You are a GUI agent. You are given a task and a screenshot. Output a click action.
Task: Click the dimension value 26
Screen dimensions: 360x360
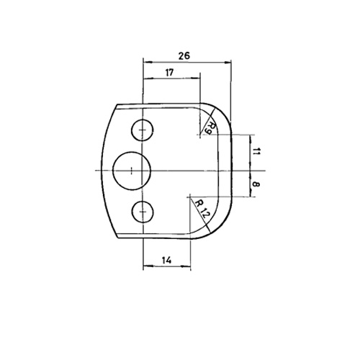184,55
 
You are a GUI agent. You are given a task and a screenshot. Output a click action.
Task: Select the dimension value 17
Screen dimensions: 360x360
169,72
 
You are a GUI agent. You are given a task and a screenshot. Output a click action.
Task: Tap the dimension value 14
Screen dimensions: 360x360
166,260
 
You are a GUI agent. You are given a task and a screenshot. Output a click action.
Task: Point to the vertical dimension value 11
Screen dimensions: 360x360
256,151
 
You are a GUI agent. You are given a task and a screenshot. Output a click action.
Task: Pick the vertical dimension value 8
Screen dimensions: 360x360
256,184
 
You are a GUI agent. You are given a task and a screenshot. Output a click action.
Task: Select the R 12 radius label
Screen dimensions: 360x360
201,208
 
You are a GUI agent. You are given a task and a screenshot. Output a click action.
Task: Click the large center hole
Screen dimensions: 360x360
132,171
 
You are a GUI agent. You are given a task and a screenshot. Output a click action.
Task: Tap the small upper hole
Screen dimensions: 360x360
143,130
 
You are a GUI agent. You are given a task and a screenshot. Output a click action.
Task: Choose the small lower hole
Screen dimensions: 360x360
143,212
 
